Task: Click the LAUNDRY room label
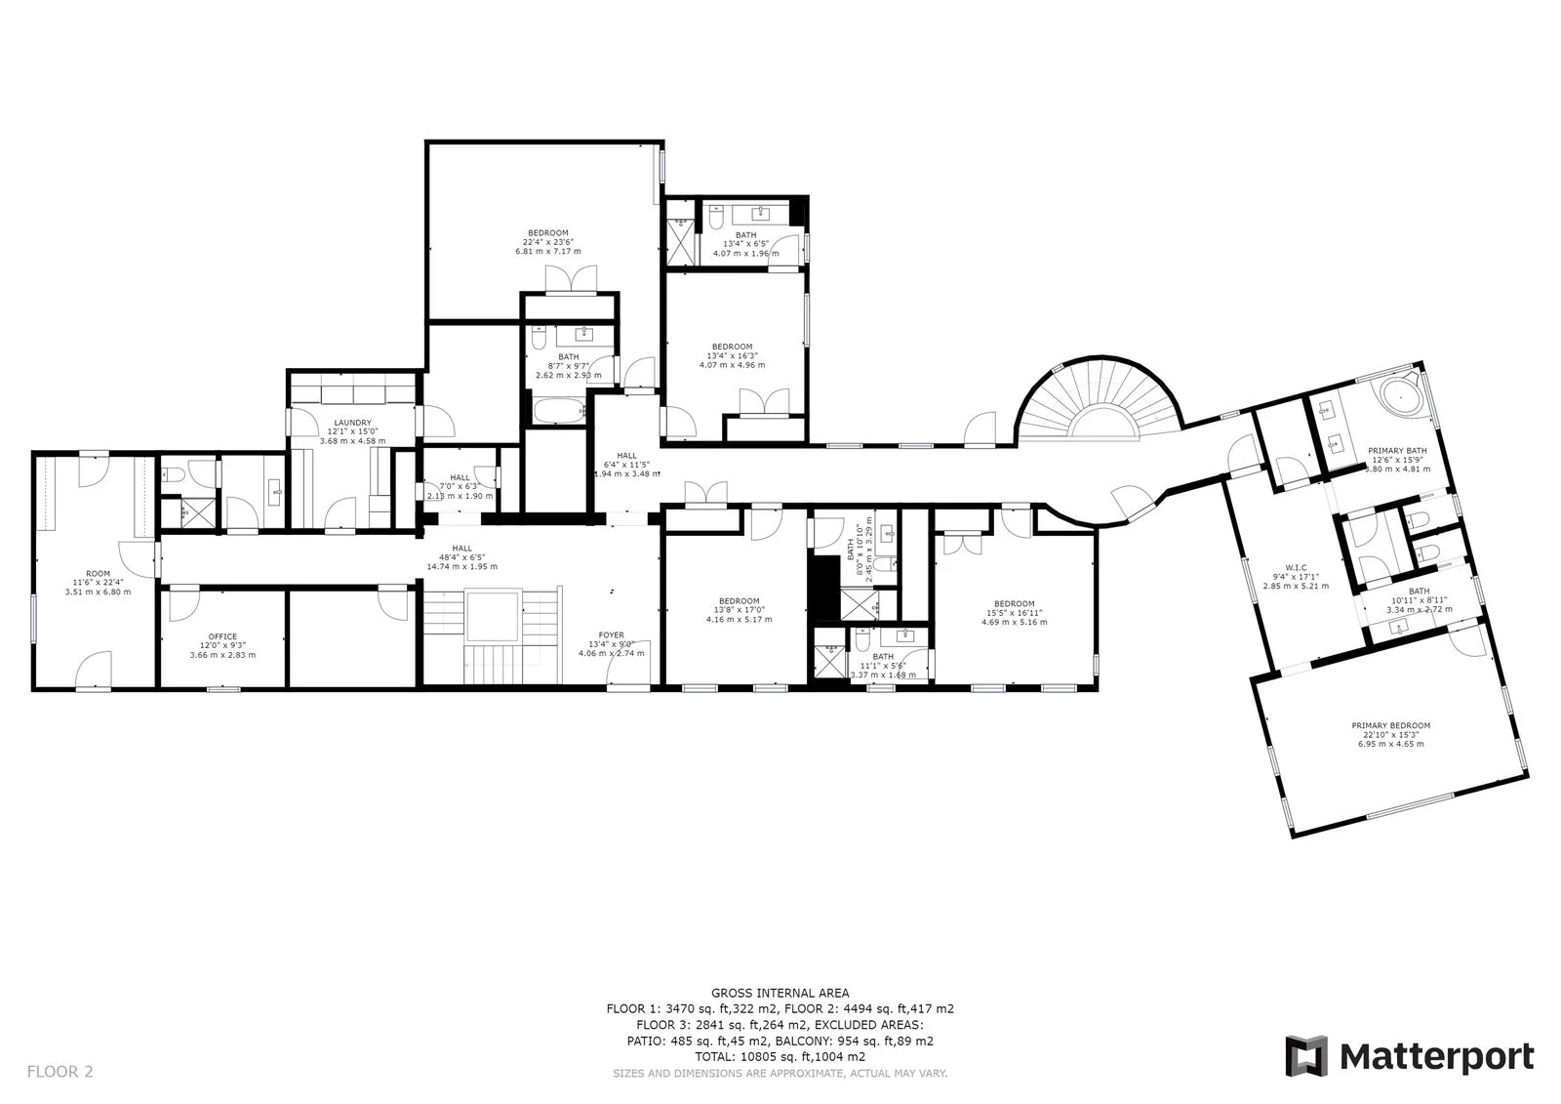point(352,423)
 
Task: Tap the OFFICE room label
point(222,636)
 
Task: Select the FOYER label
point(612,634)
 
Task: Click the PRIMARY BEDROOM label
point(1390,725)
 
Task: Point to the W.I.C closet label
point(1296,567)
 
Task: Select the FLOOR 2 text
point(60,1072)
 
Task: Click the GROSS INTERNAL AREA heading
point(780,993)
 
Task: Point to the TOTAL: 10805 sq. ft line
point(780,1056)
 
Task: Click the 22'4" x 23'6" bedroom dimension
point(547,242)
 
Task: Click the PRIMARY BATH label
point(1396,450)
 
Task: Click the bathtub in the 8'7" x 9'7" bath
point(558,410)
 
